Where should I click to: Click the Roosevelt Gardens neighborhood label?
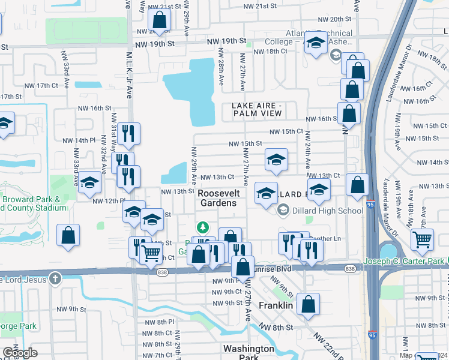tap(217, 198)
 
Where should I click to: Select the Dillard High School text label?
tap(328, 211)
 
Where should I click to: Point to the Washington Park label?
tap(249, 352)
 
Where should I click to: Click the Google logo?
tap(20, 353)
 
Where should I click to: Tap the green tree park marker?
tap(203, 227)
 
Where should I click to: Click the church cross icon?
tap(55, 278)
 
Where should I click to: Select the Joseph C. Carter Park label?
tap(404, 262)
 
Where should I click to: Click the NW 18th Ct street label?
tap(271, 52)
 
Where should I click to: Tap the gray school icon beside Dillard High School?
tap(284, 210)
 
